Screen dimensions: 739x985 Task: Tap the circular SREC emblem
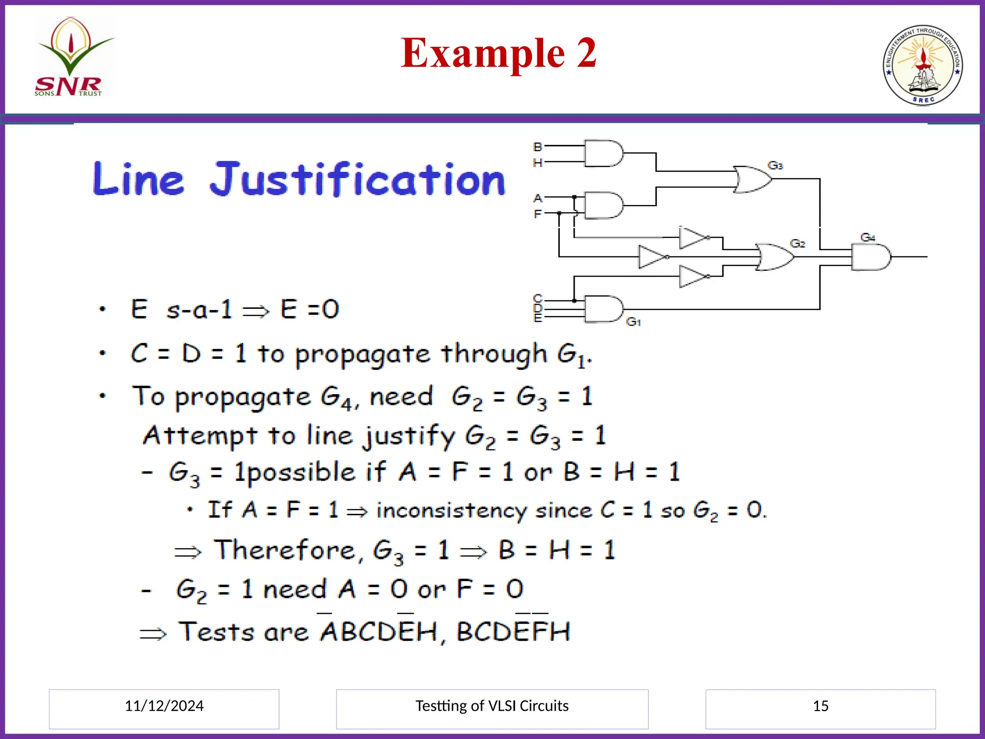[x=922, y=65]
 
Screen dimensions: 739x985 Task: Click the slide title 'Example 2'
[x=498, y=53]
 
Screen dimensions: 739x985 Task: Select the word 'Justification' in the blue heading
[x=357, y=179]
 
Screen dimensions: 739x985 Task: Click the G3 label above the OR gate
[x=775, y=166]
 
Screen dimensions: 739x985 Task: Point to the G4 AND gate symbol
[x=870, y=257]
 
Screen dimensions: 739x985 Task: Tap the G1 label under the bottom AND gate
[x=633, y=322]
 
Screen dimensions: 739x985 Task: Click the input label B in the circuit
[x=538, y=147]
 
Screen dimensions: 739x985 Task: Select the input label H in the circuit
[x=538, y=163]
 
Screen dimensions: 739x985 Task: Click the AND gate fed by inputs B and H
[x=603, y=153]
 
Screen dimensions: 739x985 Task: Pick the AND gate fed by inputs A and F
[x=603, y=205]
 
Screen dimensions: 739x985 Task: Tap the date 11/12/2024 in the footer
[x=164, y=706]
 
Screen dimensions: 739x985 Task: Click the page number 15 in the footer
[x=821, y=706]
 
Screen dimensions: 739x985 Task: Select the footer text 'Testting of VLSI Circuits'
[x=492, y=706]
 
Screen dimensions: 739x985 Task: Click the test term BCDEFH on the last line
[x=513, y=632]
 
